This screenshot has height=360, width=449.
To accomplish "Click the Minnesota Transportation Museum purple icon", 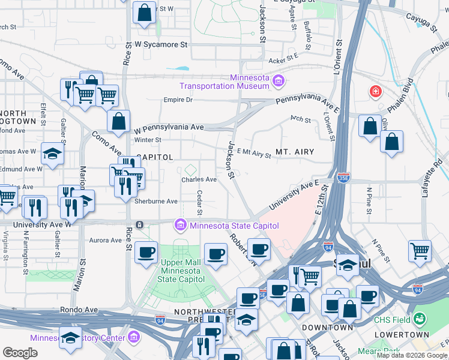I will [x=278, y=80].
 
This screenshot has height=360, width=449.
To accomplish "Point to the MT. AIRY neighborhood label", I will [x=295, y=152].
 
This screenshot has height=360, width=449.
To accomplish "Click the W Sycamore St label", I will [x=161, y=44].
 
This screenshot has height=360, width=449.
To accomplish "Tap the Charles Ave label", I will [x=199, y=179].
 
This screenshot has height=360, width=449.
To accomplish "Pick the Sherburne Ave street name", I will [x=155, y=202].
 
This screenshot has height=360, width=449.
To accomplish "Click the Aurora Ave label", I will [x=106, y=241].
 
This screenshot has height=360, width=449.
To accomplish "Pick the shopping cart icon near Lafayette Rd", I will [x=420, y=250].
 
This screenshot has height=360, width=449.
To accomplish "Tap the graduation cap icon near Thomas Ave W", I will [x=53, y=153].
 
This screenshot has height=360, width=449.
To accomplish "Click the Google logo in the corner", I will [x=20, y=353].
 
